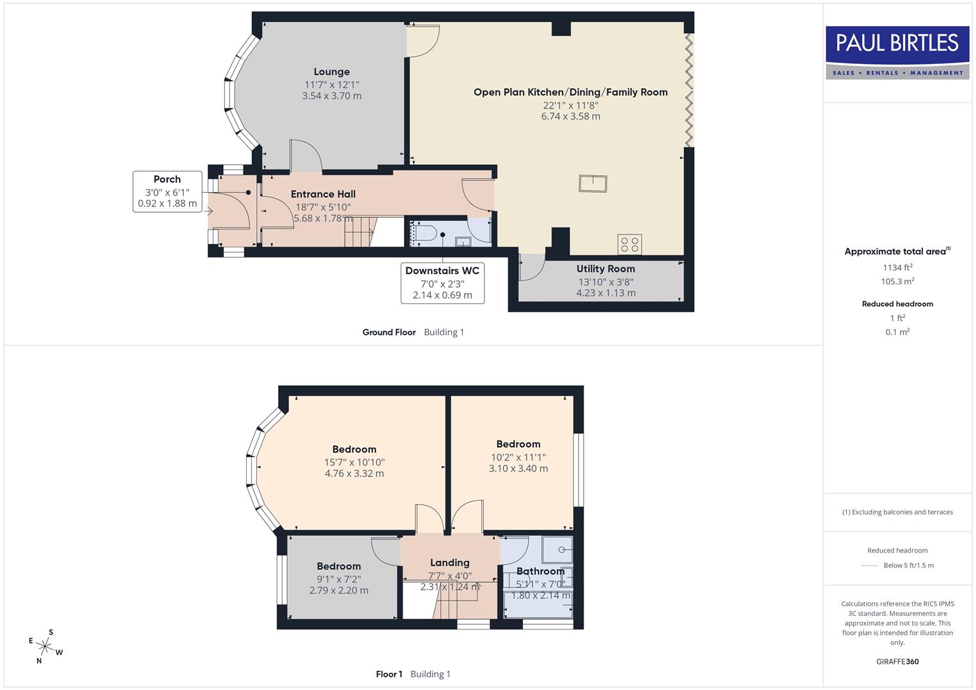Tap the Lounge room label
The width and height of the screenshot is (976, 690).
pyautogui.click(x=331, y=72)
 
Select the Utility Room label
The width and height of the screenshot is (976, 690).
pyautogui.click(x=605, y=269)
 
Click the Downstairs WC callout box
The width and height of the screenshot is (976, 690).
pyautogui.click(x=442, y=282)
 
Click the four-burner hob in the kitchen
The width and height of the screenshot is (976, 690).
pyautogui.click(x=630, y=244)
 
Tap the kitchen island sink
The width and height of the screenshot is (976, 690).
pyautogui.click(x=593, y=183)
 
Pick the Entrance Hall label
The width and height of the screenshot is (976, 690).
pyautogui.click(x=323, y=194)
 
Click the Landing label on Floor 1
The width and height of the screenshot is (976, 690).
pyautogui.click(x=449, y=563)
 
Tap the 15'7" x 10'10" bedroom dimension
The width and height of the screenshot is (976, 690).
pyautogui.click(x=354, y=462)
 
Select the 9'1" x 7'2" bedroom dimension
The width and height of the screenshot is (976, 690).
pyautogui.click(x=339, y=579)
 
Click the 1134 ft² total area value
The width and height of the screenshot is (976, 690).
pyautogui.click(x=897, y=268)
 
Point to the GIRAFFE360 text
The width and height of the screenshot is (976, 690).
pyautogui.click(x=897, y=661)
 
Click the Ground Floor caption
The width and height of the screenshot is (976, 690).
pyautogui.click(x=389, y=332)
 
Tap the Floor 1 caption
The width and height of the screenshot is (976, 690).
pyautogui.click(x=389, y=674)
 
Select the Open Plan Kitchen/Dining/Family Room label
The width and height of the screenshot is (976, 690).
pyautogui.click(x=570, y=92)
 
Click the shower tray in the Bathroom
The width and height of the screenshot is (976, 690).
pyautogui.click(x=557, y=549)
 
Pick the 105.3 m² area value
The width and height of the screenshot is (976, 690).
pyautogui.click(x=897, y=281)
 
